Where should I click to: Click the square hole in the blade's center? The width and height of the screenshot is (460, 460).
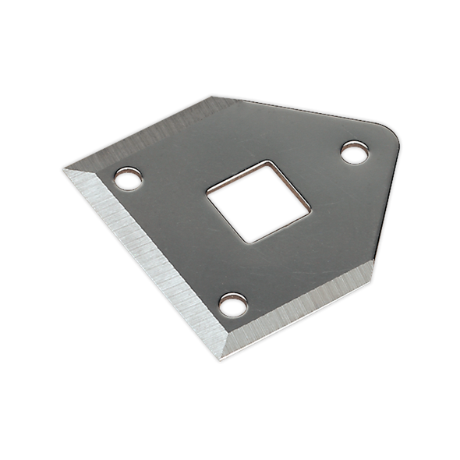click(258, 202)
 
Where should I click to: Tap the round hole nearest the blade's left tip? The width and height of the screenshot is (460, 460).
click(128, 179)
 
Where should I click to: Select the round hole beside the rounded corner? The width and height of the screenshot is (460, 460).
click(355, 153)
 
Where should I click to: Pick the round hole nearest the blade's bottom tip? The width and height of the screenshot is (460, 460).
click(233, 305)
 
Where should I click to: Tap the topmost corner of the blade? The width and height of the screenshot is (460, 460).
click(212, 97)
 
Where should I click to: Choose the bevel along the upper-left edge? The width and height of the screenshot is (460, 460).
click(140, 133)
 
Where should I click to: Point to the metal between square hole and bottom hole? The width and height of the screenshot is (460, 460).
click(238, 269)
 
